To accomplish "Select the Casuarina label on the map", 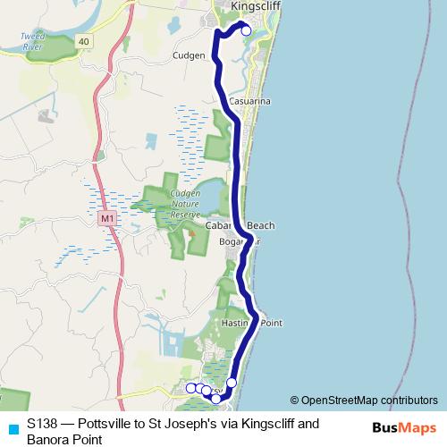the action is pyautogui.click(x=249, y=103).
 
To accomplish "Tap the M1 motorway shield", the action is pyautogui.click(x=108, y=218).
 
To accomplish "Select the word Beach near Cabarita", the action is pyautogui.click(x=261, y=225).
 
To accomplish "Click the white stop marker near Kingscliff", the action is pyautogui.click(x=247, y=31).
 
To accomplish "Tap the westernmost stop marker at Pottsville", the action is pyautogui.click(x=190, y=387).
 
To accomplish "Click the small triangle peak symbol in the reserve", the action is pyautogui.click(x=190, y=233).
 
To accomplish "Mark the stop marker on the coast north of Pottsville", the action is pyautogui.click(x=232, y=383).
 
